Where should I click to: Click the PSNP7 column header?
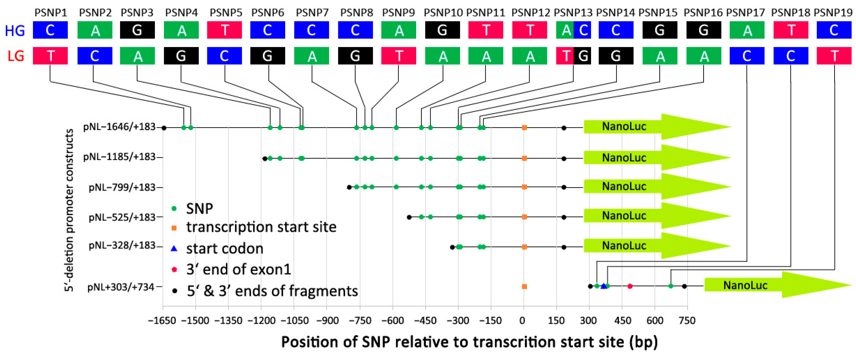[312, 13]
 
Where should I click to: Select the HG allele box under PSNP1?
[50, 30]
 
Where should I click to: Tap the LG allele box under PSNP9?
[398, 56]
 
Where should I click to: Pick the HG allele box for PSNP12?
[530, 30]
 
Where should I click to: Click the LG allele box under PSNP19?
[834, 56]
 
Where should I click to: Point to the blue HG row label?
[15, 31]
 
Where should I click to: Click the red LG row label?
[16, 56]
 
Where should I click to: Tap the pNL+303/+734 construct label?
[121, 287]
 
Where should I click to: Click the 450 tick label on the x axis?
[622, 321]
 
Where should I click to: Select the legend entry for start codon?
[225, 249]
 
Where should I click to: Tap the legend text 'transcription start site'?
[261, 227]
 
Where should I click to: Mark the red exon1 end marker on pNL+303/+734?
[630, 286]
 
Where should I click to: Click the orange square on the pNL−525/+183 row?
[524, 217]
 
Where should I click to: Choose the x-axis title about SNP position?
[469, 342]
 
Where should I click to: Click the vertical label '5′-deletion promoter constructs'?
[69, 210]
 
